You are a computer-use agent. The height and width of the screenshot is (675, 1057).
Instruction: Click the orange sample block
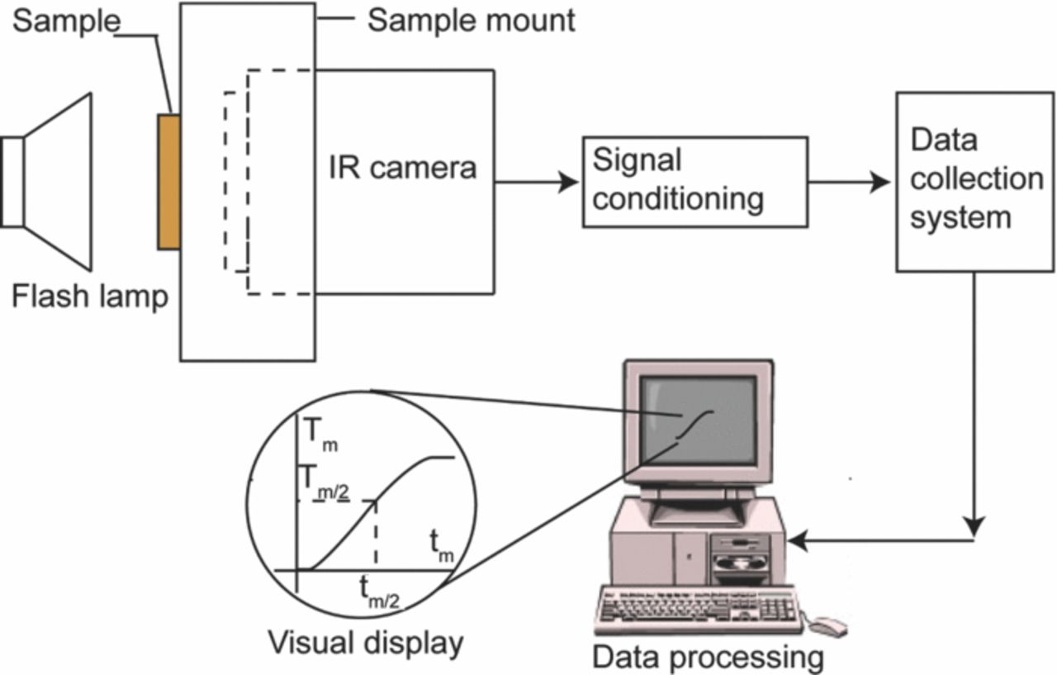[x=168, y=182]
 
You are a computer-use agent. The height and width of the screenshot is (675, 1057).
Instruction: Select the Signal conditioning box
[x=694, y=182]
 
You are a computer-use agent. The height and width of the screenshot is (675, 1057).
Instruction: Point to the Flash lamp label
[x=89, y=295]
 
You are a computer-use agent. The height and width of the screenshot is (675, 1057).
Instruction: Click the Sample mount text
[x=471, y=20]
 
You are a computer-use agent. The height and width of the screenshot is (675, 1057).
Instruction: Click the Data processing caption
[x=708, y=658]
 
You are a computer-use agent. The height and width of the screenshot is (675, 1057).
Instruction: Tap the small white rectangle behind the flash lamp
[x=12, y=182]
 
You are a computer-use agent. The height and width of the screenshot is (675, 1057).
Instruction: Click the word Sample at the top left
[x=66, y=21]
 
